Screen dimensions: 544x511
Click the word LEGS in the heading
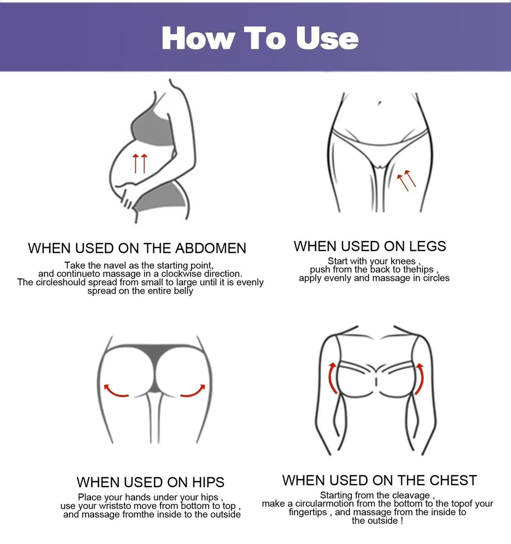tap(428, 246)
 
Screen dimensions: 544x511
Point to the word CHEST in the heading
tap(453, 480)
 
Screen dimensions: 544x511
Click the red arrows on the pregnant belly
tap(140, 163)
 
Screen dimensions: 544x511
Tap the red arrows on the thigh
tap(405, 181)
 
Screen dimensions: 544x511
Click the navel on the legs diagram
tap(379, 103)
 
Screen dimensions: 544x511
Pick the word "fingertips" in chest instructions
tap(308, 512)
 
